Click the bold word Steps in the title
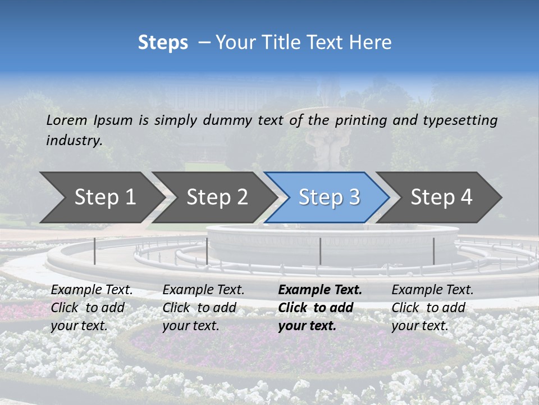(x=163, y=43)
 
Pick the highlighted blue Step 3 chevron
(x=329, y=197)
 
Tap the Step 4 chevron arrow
(x=441, y=197)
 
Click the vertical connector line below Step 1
(x=95, y=251)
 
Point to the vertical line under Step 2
(x=207, y=251)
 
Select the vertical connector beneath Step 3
(x=320, y=251)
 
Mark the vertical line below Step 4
(x=433, y=251)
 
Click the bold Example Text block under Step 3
(x=320, y=308)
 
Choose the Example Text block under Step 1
(x=92, y=308)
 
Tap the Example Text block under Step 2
(x=203, y=308)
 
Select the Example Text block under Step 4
(x=432, y=308)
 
